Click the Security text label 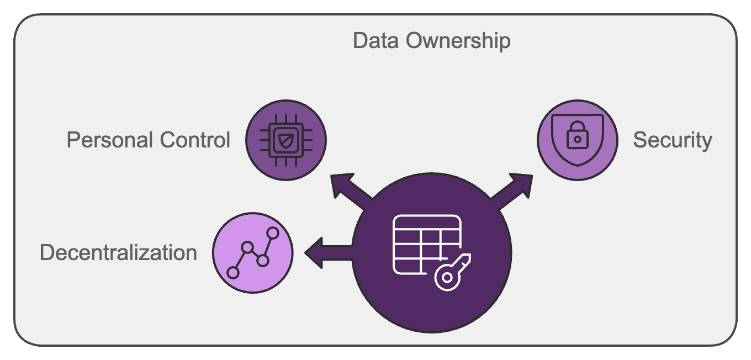point(672,140)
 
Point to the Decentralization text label point(118,252)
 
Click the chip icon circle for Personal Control point(285,140)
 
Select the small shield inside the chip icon point(285,140)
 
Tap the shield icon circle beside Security point(578,140)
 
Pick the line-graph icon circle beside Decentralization point(253,253)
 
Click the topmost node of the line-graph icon point(272,233)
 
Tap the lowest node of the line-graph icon point(234,272)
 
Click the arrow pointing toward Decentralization point(323,253)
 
